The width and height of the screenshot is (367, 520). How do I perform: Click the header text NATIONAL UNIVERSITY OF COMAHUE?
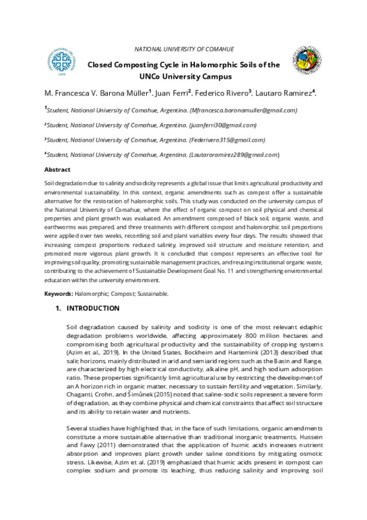(x=184, y=49)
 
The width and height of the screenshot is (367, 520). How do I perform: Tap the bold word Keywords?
(x=58, y=293)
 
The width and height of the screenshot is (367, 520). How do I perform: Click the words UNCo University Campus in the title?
(x=184, y=76)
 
